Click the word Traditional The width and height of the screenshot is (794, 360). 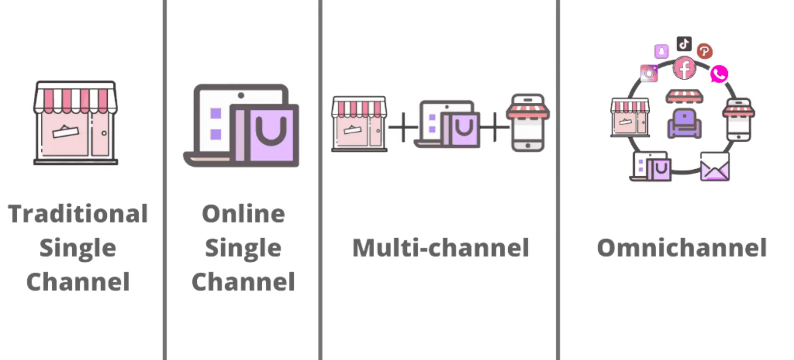78,214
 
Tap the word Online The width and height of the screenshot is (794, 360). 243,214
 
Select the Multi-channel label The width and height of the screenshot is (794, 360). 440,248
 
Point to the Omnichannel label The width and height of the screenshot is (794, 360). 681,248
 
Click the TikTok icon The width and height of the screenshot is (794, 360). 684,44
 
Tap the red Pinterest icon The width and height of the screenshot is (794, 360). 704,51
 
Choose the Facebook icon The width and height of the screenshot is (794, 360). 685,69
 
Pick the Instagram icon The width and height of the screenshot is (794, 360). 649,74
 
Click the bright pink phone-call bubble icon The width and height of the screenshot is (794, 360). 719,74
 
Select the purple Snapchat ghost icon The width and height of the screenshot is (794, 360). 661,51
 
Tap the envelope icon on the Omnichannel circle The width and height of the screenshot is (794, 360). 715,167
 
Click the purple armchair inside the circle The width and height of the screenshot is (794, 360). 684,124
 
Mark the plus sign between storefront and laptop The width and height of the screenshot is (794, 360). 403,128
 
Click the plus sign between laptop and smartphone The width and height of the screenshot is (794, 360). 495,128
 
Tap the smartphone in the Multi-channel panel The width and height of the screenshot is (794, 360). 528,123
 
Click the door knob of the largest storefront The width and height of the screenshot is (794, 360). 104,133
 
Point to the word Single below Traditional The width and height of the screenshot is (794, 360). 78,248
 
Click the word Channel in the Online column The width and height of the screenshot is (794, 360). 243,282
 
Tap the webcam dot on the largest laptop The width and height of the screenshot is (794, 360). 241,95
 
